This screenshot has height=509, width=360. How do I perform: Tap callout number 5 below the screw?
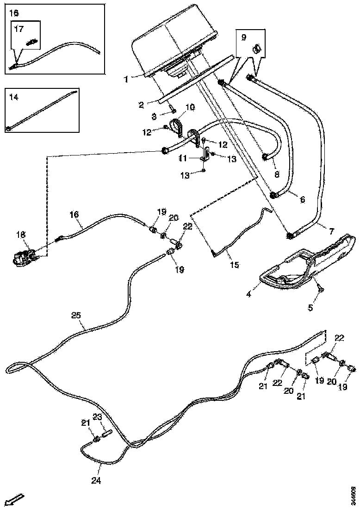click(x=310, y=307)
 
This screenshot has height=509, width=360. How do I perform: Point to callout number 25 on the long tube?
click(x=76, y=315)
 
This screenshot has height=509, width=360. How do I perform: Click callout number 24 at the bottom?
click(x=96, y=480)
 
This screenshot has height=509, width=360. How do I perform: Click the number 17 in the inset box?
click(x=19, y=29)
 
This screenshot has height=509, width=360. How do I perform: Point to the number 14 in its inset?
click(x=14, y=97)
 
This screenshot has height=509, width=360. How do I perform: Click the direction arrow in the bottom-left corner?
click(x=15, y=500)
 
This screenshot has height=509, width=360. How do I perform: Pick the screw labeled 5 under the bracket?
click(x=320, y=289)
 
